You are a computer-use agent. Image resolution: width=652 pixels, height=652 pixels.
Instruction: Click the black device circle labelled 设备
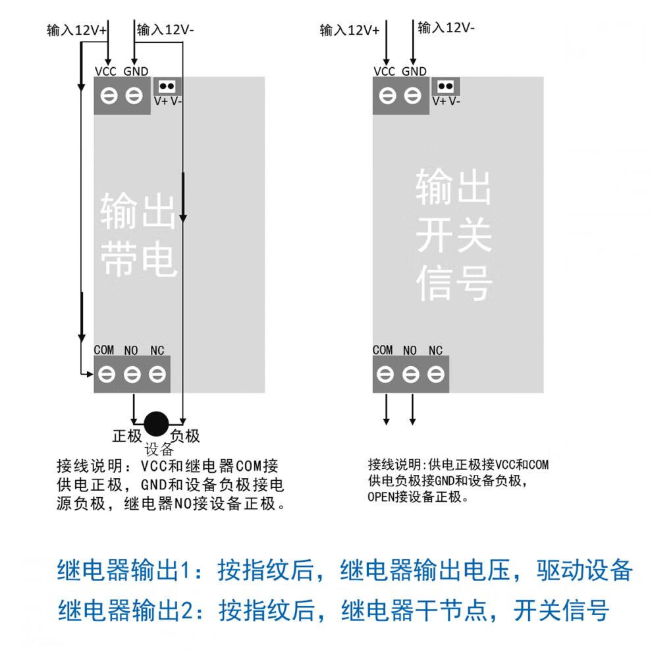tap(156, 423)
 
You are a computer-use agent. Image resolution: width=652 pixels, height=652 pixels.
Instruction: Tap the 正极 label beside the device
tap(127, 436)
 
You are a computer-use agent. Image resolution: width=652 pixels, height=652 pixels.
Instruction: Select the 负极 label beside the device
tap(185, 436)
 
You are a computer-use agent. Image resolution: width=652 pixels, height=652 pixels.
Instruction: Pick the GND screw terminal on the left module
tap(134, 96)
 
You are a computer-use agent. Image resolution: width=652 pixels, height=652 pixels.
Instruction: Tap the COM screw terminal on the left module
tap(107, 375)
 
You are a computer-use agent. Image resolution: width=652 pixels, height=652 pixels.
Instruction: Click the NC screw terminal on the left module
tap(156, 375)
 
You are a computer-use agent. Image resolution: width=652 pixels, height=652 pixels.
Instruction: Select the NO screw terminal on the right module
tap(410, 375)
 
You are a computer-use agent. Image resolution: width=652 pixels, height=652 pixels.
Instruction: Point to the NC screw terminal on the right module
tap(435, 375)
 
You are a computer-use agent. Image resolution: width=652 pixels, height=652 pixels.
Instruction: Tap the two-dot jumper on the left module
tap(167, 86)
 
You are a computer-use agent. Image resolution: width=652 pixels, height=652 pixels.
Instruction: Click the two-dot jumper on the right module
tap(446, 86)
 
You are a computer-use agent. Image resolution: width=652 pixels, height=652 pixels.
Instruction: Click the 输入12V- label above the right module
tap(446, 28)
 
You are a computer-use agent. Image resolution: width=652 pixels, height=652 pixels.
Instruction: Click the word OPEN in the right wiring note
tap(381, 497)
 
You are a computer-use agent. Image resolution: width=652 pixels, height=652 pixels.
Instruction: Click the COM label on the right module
tap(383, 350)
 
